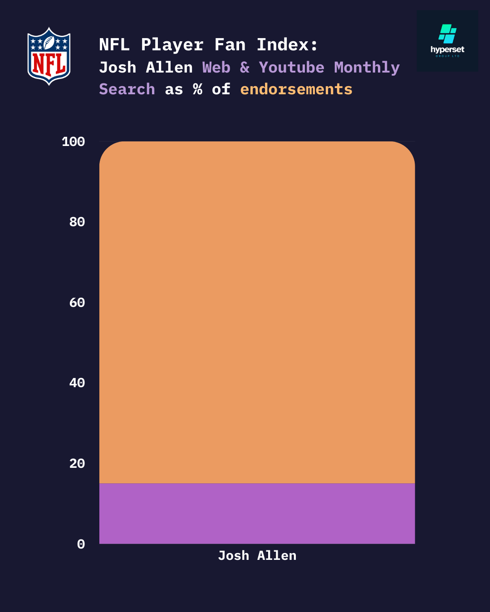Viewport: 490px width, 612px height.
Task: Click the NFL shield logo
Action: pyautogui.click(x=49, y=56)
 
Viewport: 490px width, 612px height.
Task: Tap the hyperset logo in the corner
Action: pyautogui.click(x=447, y=41)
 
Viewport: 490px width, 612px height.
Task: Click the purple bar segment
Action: pyautogui.click(x=257, y=513)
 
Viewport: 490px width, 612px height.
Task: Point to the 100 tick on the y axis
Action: pyautogui.click(x=73, y=142)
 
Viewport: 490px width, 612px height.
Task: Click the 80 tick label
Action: pyautogui.click(x=77, y=222)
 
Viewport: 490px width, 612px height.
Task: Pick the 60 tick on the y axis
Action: pyautogui.click(x=77, y=302)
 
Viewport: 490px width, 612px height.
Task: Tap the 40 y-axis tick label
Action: pyautogui.click(x=77, y=383)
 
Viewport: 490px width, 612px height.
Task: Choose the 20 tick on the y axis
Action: pyautogui.click(x=77, y=463)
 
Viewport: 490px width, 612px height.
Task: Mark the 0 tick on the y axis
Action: pyautogui.click(x=81, y=544)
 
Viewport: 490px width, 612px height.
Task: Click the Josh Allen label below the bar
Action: pyautogui.click(x=257, y=556)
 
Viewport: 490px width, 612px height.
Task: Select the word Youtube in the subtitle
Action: pyautogui.click(x=291, y=68)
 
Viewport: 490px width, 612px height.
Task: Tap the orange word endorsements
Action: pyautogui.click(x=296, y=89)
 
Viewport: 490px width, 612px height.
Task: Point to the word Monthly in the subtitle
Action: pyautogui.click(x=367, y=68)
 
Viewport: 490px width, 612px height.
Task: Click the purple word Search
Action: pyautogui.click(x=127, y=89)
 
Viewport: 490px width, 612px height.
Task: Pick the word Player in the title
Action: pyautogui.click(x=172, y=45)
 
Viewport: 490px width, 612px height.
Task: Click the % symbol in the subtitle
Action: pyautogui.click(x=197, y=89)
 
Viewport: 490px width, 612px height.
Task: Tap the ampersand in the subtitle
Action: pyautogui.click(x=245, y=68)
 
